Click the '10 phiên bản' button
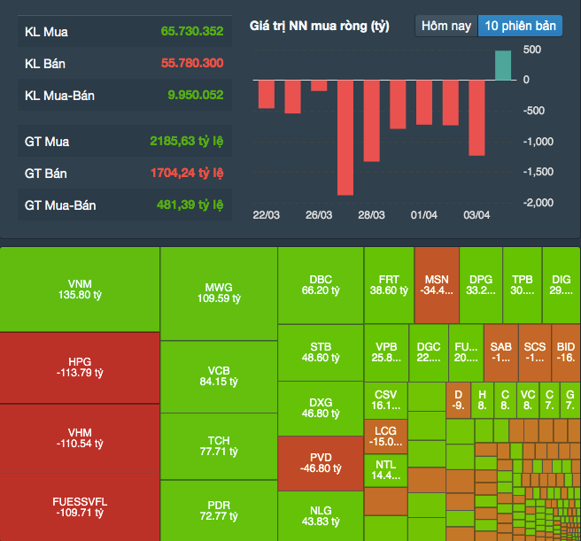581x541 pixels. [x=521, y=26]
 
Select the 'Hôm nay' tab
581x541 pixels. [x=446, y=26]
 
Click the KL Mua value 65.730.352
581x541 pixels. [x=192, y=32]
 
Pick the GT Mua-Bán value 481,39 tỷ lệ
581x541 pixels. [x=186, y=205]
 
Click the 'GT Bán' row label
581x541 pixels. [x=47, y=174]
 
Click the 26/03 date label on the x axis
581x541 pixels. [x=319, y=215]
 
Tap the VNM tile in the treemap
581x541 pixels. [x=80, y=289]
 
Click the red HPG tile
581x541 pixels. [x=80, y=367]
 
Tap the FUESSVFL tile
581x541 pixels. [x=80, y=506]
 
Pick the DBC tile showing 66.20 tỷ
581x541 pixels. [x=321, y=284]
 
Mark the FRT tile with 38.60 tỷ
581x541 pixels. [x=388, y=284]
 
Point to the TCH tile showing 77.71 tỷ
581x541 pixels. [x=218, y=446]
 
